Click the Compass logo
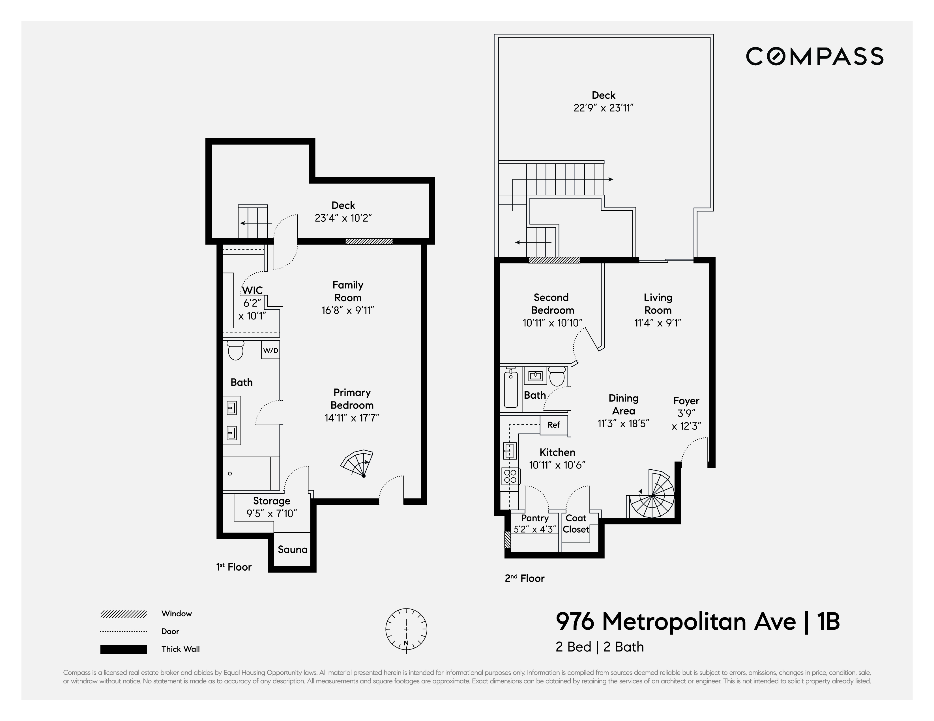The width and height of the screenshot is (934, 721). coord(814,57)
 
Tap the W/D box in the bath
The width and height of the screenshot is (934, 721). coord(270,350)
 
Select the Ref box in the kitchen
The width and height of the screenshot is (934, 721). coord(553,425)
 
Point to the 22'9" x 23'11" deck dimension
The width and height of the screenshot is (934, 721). coord(604,108)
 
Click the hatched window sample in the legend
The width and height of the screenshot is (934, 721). coord(124,614)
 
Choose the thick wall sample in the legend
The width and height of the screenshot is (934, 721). coord(124,649)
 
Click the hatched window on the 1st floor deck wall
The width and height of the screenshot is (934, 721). coord(369,241)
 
